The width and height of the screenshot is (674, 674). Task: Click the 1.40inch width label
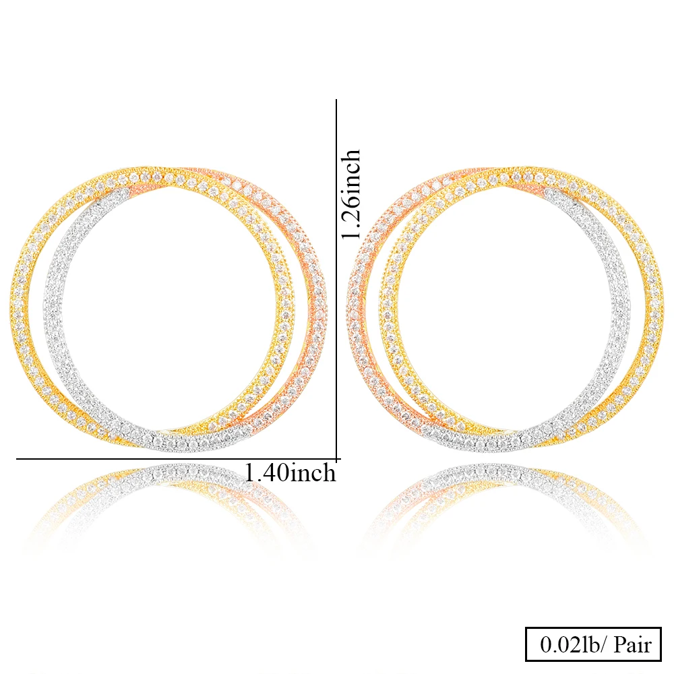tap(290, 472)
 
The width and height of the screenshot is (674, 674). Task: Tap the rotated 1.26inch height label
tap(351, 195)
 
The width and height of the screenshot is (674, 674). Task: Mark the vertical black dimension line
tap(336, 270)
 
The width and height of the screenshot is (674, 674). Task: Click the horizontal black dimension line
tap(168, 459)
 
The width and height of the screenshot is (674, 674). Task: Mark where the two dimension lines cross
tap(336, 459)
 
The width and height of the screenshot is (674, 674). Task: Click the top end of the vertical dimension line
tap(336, 101)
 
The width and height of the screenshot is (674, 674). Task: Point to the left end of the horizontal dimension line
tap(18, 459)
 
